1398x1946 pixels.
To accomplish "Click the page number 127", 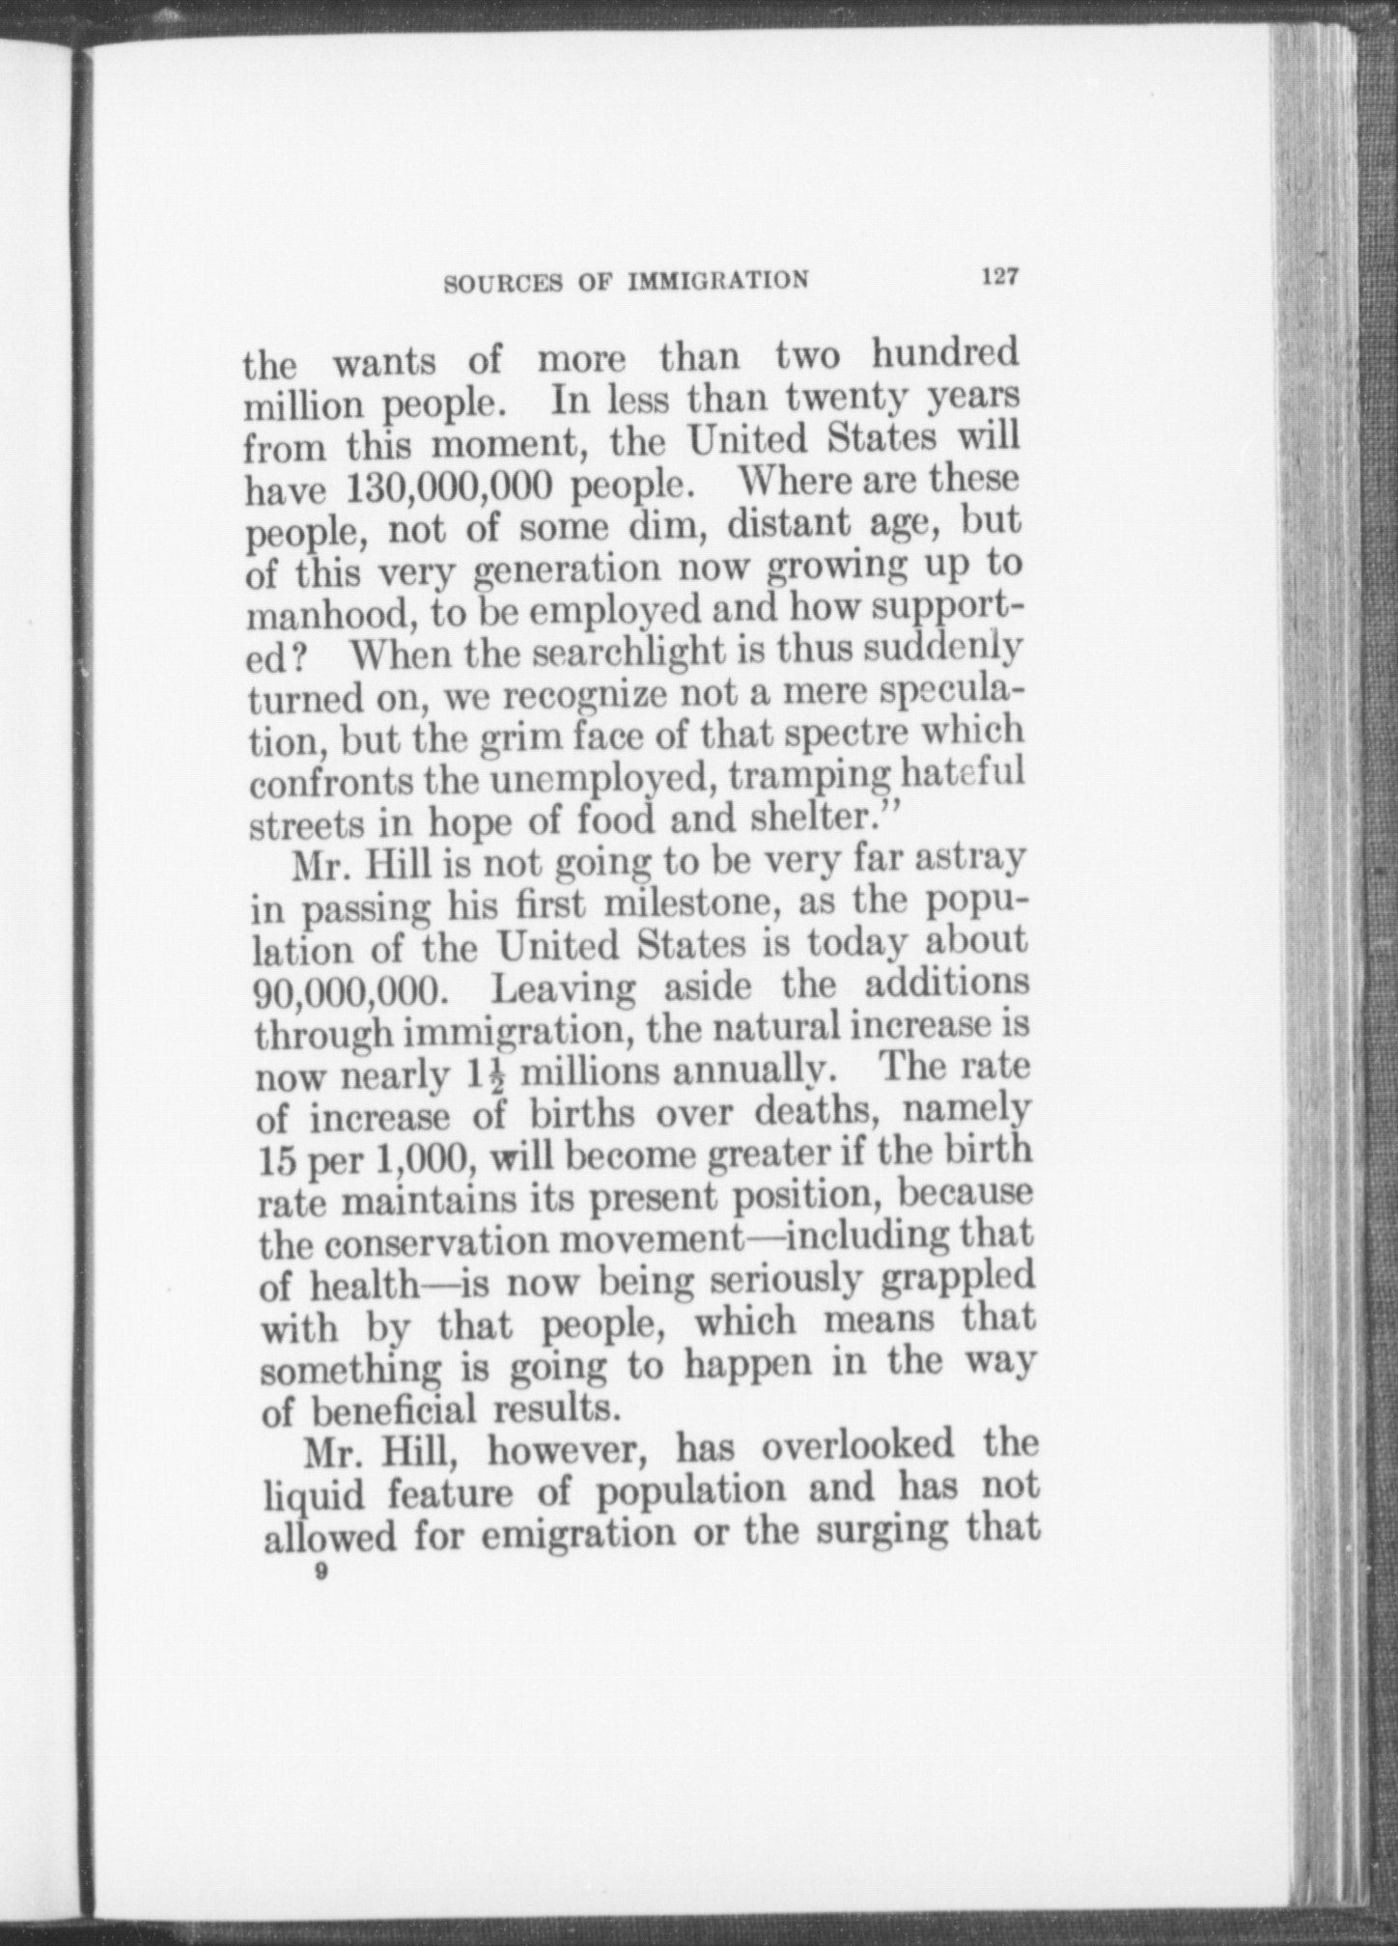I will coord(999,277).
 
